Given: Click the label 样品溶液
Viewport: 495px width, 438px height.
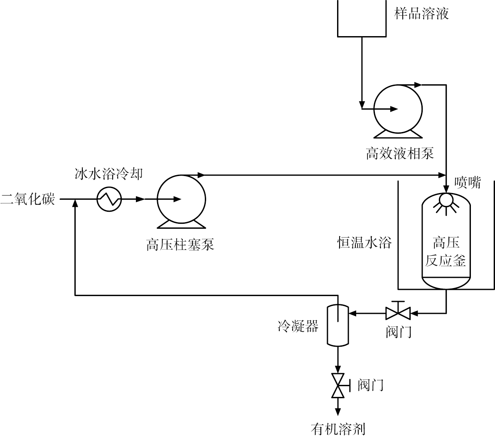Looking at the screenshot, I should [421, 14].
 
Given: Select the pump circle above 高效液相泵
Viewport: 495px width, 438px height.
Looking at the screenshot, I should [398, 109].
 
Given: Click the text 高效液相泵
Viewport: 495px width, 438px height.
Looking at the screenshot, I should [399, 154].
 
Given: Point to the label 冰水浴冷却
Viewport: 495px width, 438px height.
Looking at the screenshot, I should [108, 174].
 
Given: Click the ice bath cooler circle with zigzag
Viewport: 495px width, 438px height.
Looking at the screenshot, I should [109, 199].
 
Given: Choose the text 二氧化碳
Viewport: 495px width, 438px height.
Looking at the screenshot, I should [27, 199].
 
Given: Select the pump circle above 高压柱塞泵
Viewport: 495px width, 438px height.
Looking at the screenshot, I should [181, 199].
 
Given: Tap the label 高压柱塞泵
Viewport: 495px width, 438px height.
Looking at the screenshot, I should [180, 245].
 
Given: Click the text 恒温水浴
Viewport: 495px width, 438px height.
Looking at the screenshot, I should [364, 242].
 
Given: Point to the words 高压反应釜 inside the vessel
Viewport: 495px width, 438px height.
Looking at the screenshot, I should [446, 252].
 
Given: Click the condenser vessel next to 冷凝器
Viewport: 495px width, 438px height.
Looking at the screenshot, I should [337, 325].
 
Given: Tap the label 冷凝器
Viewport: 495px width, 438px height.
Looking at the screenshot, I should [298, 326].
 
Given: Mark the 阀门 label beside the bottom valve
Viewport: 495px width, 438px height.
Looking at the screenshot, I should [370, 385].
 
